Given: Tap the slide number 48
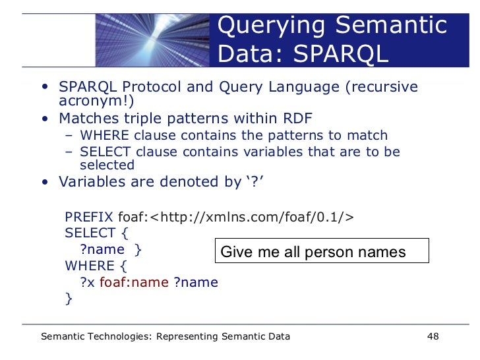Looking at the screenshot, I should pyautogui.click(x=433, y=337).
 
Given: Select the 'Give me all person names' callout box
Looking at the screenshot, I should pyautogui.click(x=322, y=251).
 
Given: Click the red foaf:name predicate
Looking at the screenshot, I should pyautogui.click(x=134, y=283).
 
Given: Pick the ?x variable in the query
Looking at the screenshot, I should pyautogui.click(x=88, y=283).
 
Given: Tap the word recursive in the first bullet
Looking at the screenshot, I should pyautogui.click(x=383, y=88).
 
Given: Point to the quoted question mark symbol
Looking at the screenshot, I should pyautogui.click(x=255, y=181).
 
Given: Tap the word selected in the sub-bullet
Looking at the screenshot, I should pyautogui.click(x=107, y=165).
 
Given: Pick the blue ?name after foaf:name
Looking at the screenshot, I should pyautogui.click(x=196, y=283).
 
